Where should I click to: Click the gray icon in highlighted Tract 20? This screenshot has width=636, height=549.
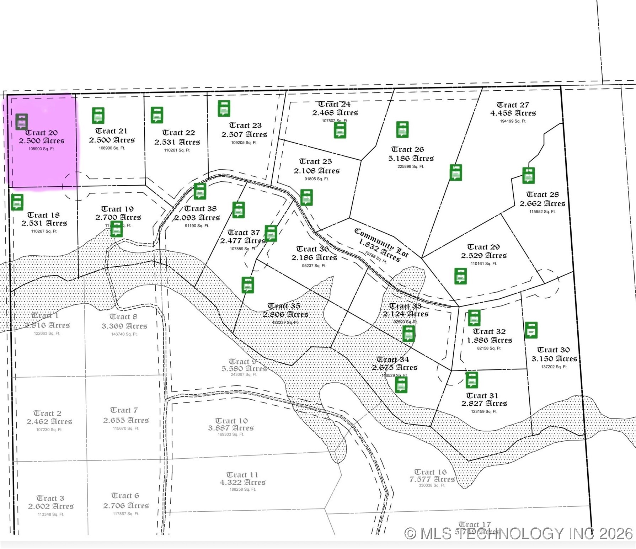tap(22, 122)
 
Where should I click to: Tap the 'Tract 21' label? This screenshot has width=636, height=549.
tap(111, 131)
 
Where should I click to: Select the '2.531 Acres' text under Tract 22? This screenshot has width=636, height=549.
tap(177, 142)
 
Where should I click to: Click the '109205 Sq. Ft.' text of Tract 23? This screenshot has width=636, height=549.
tap(244, 143)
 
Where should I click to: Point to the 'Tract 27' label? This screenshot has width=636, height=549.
tap(513, 105)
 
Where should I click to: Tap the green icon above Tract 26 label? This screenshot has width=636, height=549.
tap(402, 129)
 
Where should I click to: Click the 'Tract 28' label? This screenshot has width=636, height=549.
tap(543, 194)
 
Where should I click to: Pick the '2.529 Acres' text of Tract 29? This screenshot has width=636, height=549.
tap(484, 255)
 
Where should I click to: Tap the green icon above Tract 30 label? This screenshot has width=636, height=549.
tap(531, 330)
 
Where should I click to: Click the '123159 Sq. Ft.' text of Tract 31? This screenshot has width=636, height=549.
tap(484, 411)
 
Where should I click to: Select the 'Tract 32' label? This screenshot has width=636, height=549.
tap(489, 331)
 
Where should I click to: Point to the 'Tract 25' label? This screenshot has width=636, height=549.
tap(315, 161)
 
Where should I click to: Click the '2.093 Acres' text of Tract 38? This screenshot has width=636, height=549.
tap(197, 218)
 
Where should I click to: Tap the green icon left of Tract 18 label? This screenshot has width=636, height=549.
tap(17, 202)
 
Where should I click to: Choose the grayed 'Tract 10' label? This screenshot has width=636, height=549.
tap(231, 421)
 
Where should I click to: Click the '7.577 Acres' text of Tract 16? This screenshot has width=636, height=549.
tap(432, 479)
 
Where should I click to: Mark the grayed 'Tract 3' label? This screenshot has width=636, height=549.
tap(50, 498)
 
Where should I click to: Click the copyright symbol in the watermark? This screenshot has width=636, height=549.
tap(410, 533)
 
